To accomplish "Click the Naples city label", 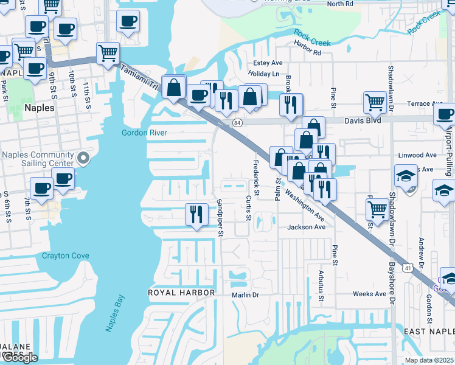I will (39, 108).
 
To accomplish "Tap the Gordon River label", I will (144, 133).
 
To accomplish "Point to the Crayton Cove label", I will (65, 255).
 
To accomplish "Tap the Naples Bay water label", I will (115, 313).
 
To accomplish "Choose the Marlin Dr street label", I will (245, 294).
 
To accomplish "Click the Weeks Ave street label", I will (370, 294).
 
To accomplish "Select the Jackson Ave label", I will (307, 227).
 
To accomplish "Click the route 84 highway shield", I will (237, 123).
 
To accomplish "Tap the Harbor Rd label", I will (307, 52).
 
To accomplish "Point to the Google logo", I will (20, 358).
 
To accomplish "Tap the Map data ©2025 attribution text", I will (429, 360).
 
